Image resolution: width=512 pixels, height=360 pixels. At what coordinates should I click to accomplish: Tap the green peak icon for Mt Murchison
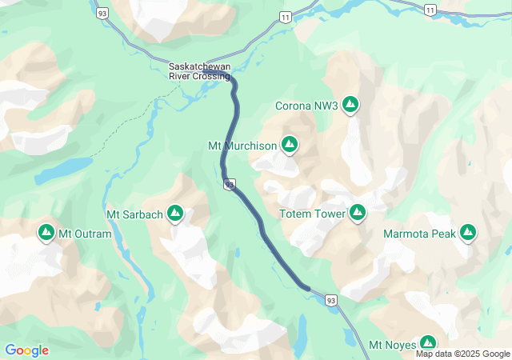(x=290, y=145)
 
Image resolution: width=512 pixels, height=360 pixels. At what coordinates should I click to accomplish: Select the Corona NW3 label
(x=306, y=105)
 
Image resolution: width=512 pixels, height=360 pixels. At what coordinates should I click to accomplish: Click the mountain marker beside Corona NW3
(x=350, y=104)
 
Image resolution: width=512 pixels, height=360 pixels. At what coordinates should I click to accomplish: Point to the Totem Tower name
(x=312, y=214)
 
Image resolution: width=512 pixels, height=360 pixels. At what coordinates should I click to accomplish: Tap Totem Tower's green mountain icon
(x=358, y=213)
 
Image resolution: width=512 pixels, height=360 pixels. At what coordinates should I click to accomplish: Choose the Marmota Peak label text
(x=419, y=234)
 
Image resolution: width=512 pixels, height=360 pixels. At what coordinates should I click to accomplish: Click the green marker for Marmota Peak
(x=468, y=233)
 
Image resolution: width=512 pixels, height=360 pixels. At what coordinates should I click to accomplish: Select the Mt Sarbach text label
(x=134, y=214)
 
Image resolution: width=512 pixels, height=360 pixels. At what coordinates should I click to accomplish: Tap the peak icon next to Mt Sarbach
(x=175, y=214)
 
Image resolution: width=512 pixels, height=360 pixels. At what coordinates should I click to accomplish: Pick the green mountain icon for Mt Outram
(x=46, y=233)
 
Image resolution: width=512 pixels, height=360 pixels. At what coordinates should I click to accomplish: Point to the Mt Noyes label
(x=393, y=346)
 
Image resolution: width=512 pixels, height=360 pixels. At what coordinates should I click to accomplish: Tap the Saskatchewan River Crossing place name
(x=199, y=71)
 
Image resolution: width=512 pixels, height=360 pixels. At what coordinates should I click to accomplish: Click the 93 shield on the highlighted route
(x=230, y=185)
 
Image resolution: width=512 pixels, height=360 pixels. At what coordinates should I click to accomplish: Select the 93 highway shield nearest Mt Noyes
(x=331, y=299)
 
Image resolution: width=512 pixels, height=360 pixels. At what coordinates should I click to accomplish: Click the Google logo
(x=26, y=350)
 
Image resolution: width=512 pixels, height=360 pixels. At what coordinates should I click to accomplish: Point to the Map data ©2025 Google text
(x=462, y=354)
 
